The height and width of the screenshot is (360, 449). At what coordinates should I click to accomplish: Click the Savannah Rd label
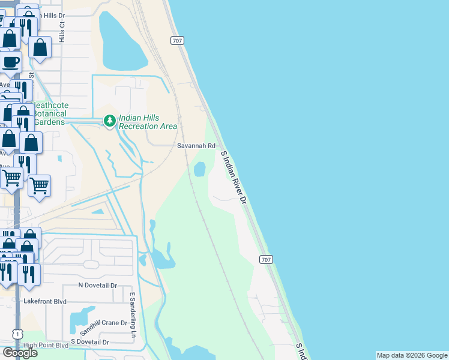click(x=196, y=146)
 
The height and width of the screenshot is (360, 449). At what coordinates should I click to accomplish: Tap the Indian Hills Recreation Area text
click(x=148, y=122)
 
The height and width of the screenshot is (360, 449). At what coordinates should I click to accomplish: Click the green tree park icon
click(x=109, y=121)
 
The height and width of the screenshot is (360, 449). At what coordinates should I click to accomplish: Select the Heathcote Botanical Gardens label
click(x=50, y=113)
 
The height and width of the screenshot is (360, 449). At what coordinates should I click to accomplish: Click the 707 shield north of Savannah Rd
click(x=176, y=40)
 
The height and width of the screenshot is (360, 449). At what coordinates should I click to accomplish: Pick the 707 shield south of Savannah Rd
click(x=267, y=259)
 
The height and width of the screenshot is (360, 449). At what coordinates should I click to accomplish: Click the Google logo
click(x=19, y=352)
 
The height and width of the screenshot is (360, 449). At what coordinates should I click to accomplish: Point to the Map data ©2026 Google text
click(x=412, y=355)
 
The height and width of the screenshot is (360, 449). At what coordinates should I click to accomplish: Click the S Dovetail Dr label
click(x=89, y=342)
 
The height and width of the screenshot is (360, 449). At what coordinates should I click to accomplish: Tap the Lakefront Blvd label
click(x=44, y=301)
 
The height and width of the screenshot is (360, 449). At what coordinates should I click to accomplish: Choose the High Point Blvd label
click(x=46, y=346)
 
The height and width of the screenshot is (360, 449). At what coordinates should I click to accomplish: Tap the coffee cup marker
click(x=10, y=61)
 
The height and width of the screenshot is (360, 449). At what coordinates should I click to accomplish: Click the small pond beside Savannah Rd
click(x=199, y=169)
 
